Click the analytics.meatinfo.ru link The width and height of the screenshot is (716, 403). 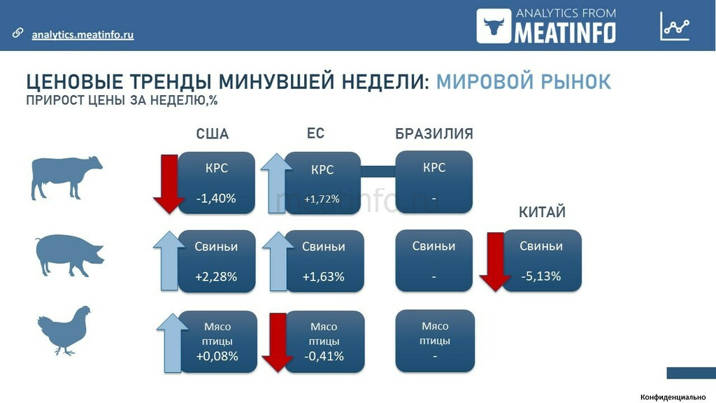[83, 35]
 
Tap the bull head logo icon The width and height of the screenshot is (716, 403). [494, 26]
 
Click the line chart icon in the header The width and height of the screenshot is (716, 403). [675, 26]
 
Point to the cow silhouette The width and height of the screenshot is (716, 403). [66, 178]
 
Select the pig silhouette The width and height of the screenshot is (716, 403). [69, 255]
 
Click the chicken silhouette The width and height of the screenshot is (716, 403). [64, 331]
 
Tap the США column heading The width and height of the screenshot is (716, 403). [213, 134]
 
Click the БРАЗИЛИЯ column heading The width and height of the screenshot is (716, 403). [434, 134]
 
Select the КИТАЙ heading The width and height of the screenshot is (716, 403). [542, 212]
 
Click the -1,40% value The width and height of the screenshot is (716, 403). [216, 198]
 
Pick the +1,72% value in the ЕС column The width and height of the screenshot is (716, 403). [322, 199]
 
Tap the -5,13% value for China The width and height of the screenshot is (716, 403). [541, 276]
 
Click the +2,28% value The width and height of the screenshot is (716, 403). [216, 276]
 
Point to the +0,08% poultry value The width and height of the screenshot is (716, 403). [217, 356]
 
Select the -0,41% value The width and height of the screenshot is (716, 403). [324, 356]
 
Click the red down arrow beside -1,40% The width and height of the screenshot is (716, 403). [169, 184]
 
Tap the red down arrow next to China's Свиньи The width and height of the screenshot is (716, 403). [495, 262]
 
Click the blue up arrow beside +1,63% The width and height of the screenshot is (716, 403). [278, 261]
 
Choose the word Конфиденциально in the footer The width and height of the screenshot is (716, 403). [673, 397]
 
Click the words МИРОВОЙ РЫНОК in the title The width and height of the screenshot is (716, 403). [524, 82]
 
